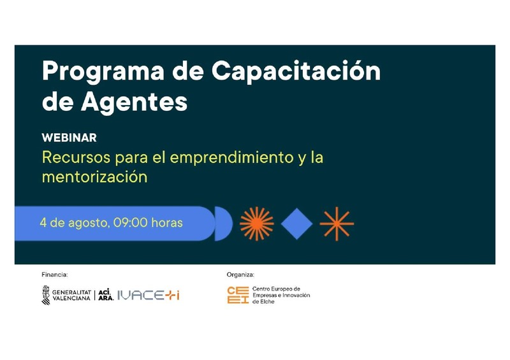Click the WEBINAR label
click(x=69, y=138)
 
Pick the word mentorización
click(x=94, y=176)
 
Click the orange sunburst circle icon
click(x=256, y=224)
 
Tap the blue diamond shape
click(x=297, y=224)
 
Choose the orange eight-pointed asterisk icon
click(x=337, y=224)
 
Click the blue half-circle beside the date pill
click(x=222, y=224)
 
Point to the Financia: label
click(x=55, y=275)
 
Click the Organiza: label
click(x=240, y=275)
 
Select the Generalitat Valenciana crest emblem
click(x=46, y=295)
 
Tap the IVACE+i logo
click(x=149, y=295)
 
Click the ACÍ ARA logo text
click(x=106, y=295)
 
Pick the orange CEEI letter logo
click(x=238, y=295)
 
